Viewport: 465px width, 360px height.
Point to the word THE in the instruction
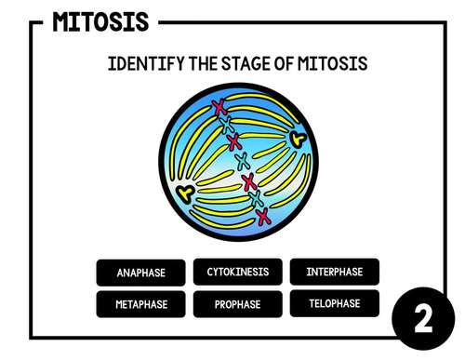click(200, 64)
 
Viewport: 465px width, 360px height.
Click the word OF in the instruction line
click(281, 64)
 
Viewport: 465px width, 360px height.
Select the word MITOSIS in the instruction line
click(331, 64)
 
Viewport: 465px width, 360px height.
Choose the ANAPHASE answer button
click(140, 273)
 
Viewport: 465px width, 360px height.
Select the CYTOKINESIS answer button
click(237, 272)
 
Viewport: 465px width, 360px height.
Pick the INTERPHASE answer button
click(334, 272)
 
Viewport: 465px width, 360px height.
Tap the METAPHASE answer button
click(140, 304)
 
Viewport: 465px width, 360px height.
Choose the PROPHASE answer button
click(237, 304)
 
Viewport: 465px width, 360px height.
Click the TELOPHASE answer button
click(334, 303)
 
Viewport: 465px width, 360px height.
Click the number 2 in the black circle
click(423, 321)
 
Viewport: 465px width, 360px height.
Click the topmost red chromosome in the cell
click(219, 106)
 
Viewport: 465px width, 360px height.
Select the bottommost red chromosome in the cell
click(264, 218)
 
